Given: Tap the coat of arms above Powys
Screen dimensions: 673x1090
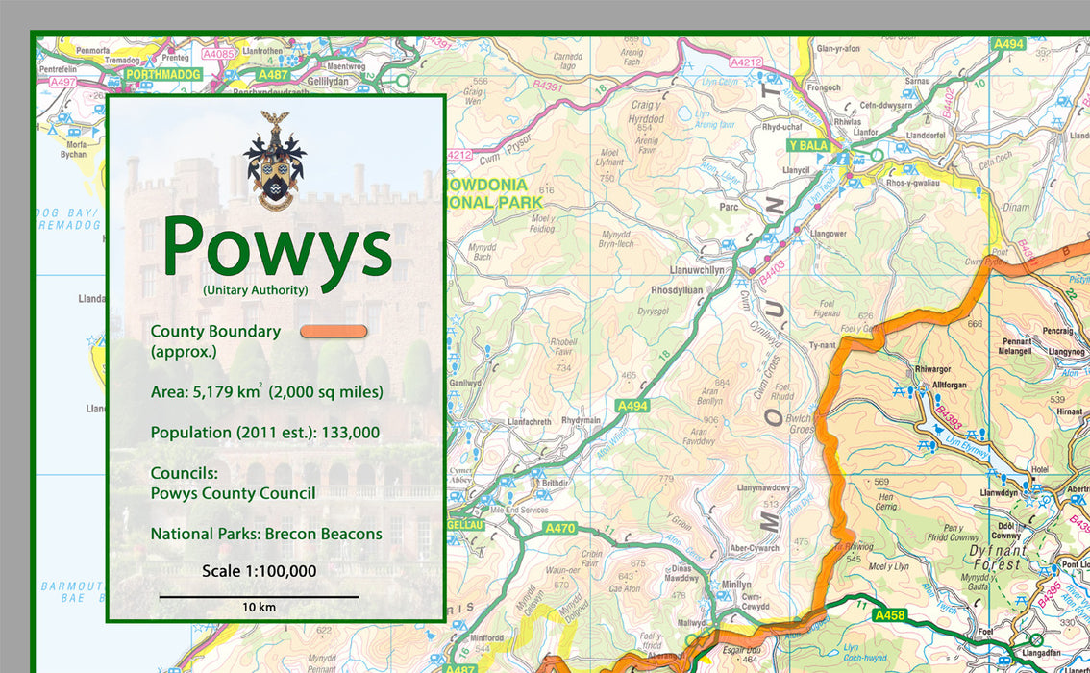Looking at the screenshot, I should (x=275, y=161).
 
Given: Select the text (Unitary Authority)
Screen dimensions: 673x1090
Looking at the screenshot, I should (x=255, y=289).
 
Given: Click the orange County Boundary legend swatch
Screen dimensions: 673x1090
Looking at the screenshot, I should (x=334, y=332).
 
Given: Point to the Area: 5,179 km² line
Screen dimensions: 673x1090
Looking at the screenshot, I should (x=266, y=392).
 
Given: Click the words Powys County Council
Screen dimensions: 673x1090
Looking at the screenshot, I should (x=233, y=493).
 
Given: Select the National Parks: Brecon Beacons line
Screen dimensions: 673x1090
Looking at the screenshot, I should (x=266, y=534).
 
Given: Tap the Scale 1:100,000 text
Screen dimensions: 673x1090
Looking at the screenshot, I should (x=259, y=571).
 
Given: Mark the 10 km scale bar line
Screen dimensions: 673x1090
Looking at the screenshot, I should (x=259, y=596).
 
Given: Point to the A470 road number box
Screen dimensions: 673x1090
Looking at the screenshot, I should (x=559, y=528).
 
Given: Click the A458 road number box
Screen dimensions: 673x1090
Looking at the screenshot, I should (x=889, y=614).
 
